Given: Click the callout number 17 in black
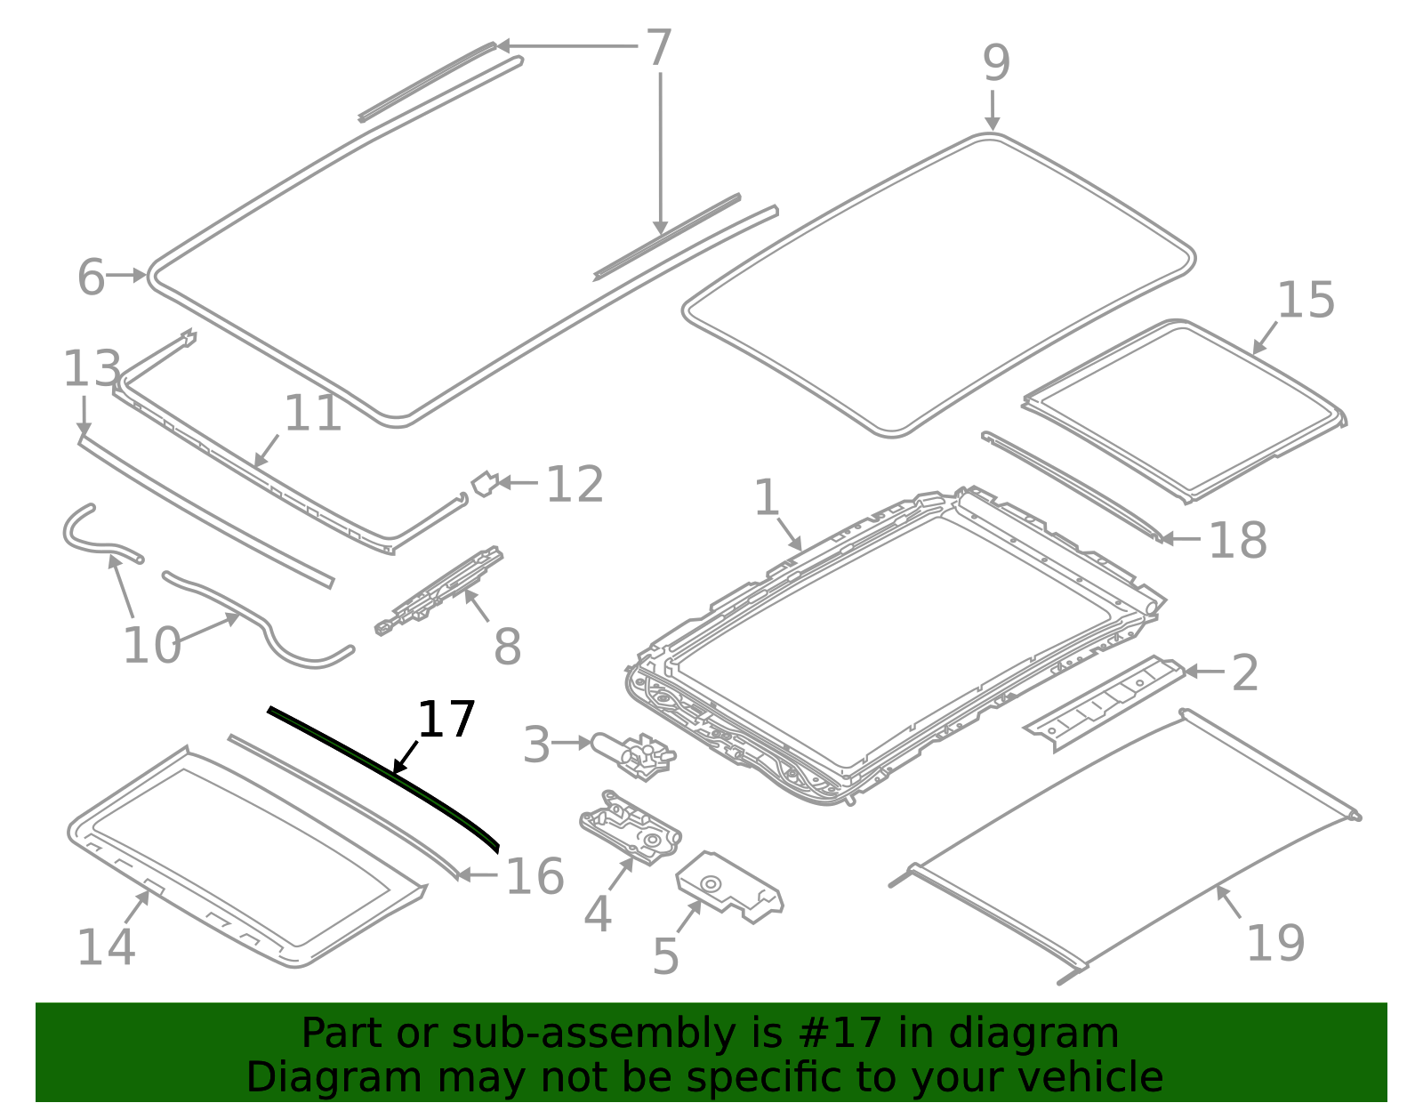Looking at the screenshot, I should pyautogui.click(x=446, y=720).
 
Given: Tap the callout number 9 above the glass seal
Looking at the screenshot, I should pyautogui.click(x=996, y=64).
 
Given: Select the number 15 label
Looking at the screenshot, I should pyautogui.click(x=1305, y=301).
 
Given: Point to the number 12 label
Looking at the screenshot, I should pyautogui.click(x=575, y=485).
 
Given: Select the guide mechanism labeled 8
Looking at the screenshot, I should pyautogui.click(x=441, y=591).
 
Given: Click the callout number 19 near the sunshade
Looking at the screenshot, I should pyautogui.click(x=1275, y=943).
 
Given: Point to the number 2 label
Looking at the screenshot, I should pyautogui.click(x=1245, y=673).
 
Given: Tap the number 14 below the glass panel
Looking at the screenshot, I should pyautogui.click(x=106, y=946).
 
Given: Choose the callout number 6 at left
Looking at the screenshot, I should pyautogui.click(x=91, y=278).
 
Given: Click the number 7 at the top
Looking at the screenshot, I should pyautogui.click(x=657, y=48).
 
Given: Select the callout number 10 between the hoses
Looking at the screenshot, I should pyautogui.click(x=151, y=645).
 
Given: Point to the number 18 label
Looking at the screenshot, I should pyautogui.click(x=1237, y=540).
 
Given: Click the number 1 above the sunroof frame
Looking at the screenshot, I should pyautogui.click(x=766, y=498).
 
